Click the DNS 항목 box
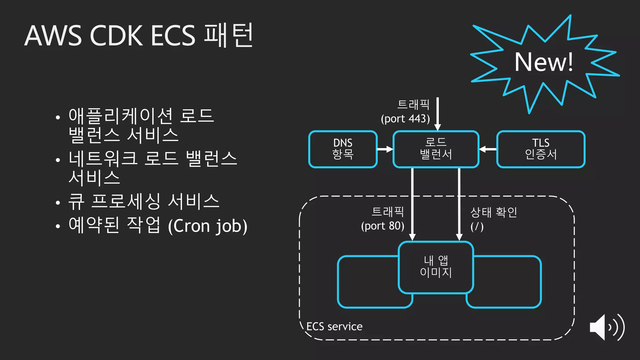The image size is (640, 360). [x=343, y=149]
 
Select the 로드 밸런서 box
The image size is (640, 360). [x=436, y=149]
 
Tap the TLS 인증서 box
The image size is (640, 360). [x=541, y=149]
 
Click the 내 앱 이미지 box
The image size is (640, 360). [x=436, y=267]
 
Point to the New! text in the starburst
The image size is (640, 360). [x=544, y=62]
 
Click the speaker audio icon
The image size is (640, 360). [x=606, y=327]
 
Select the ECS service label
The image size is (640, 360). [x=334, y=327]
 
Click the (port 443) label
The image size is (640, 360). [x=405, y=119]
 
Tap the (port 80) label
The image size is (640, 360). [x=382, y=226]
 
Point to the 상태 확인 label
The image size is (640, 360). [x=494, y=212]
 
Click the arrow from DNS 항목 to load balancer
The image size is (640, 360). [x=385, y=149]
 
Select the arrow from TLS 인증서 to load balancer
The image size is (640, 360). [x=488, y=149]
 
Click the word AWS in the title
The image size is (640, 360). [x=53, y=36]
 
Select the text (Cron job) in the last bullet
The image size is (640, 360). [x=207, y=226]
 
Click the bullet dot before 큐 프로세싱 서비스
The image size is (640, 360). [x=57, y=202]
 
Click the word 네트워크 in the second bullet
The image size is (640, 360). [x=103, y=158]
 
